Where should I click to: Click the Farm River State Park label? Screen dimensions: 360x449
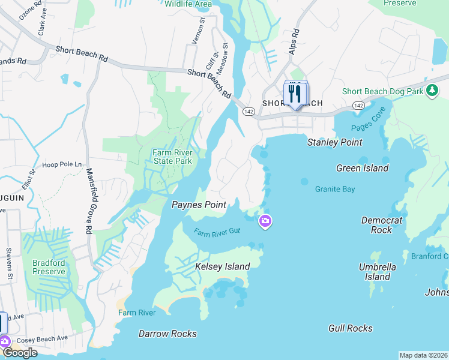pyautogui.click(x=172, y=157)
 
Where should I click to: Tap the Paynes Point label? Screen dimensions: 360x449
pyautogui.click(x=199, y=205)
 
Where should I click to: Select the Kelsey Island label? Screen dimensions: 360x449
pyautogui.click(x=222, y=266)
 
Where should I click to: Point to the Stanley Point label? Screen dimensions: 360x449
pyautogui.click(x=335, y=142)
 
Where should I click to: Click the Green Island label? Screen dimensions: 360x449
pyautogui.click(x=362, y=168)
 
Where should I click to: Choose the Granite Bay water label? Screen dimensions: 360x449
pyautogui.click(x=335, y=189)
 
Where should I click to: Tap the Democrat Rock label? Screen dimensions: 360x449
pyautogui.click(x=381, y=225)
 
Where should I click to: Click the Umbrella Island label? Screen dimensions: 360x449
pyautogui.click(x=378, y=272)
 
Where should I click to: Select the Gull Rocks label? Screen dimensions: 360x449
pyautogui.click(x=351, y=328)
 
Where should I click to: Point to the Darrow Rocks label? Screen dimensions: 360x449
pyautogui.click(x=167, y=334)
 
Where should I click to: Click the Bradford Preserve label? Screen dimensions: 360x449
pyautogui.click(x=49, y=267)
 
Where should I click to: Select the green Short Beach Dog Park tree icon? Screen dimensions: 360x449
pyautogui.click(x=432, y=91)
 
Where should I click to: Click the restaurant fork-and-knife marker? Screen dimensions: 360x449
pyautogui.click(x=294, y=94)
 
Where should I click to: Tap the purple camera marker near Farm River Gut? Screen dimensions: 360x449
pyautogui.click(x=265, y=222)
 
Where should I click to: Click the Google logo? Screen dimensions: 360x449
pyautogui.click(x=19, y=353)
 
